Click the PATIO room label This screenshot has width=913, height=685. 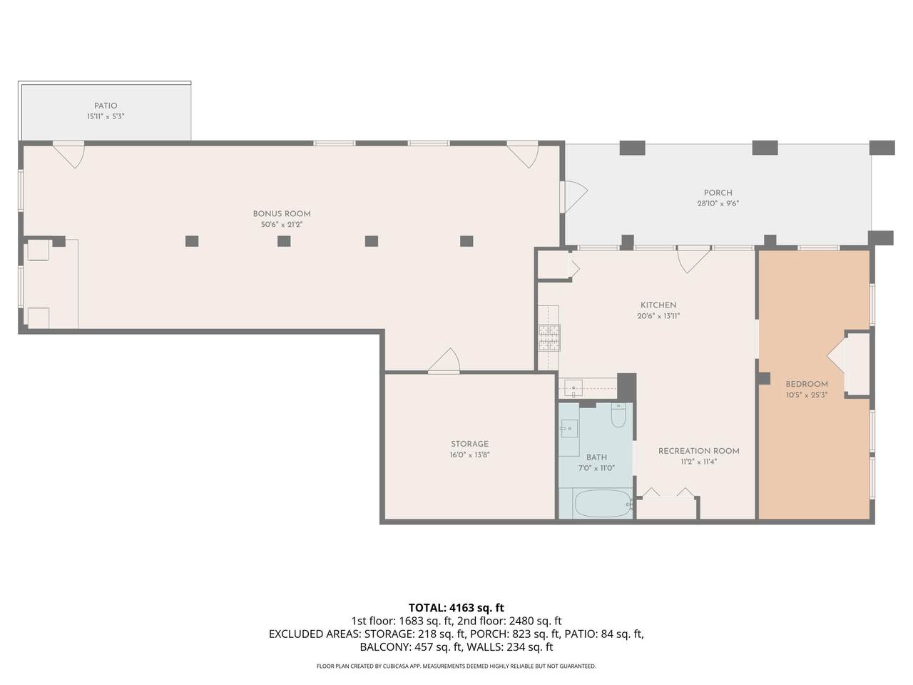(106, 106)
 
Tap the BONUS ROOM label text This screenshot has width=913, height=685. (282, 214)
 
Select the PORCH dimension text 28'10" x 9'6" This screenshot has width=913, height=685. (718, 204)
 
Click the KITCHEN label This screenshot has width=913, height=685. (658, 305)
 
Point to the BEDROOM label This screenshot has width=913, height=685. (807, 385)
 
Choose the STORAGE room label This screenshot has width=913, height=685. (469, 444)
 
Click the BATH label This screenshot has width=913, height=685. (596, 457)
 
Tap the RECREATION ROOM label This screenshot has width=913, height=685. (699, 451)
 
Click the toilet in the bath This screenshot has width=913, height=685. (618, 415)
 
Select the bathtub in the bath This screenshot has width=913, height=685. (603, 504)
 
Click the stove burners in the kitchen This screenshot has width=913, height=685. (549, 338)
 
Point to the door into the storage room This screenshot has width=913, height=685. (444, 360)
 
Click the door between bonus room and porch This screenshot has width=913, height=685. (574, 197)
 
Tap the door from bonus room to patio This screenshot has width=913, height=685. (69, 155)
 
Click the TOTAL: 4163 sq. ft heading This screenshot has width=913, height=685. (456, 608)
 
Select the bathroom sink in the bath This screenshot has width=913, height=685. (569, 428)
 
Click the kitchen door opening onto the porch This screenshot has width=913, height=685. (693, 259)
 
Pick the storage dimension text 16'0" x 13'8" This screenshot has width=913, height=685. (469, 455)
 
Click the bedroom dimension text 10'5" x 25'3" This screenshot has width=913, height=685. (807, 395)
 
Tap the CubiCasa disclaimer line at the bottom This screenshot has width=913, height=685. (456, 666)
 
